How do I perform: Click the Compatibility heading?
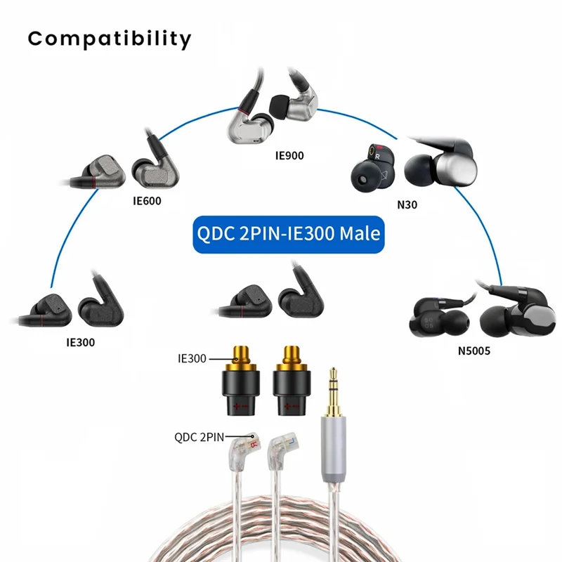point(109,39)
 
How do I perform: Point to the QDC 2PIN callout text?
point(199,436)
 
